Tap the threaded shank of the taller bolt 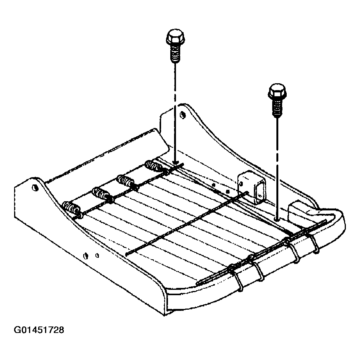tap(175, 53)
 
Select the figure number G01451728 tap(39, 330)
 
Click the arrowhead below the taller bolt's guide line tap(175, 162)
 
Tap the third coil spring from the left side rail tap(126, 180)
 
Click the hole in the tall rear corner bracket tap(182, 115)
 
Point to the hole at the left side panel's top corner tap(35, 187)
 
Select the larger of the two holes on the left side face tap(86, 255)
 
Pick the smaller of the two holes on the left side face tap(97, 255)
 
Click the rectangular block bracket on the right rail tap(252, 187)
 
